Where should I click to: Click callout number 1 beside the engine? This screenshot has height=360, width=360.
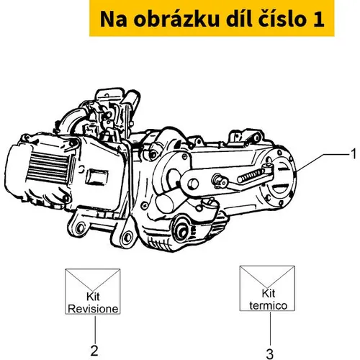[x=354, y=154]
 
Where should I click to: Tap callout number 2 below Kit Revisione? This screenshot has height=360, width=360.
[x=94, y=351]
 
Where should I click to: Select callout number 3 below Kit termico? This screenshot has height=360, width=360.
[x=270, y=354]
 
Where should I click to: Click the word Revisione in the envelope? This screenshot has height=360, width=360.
[x=93, y=309]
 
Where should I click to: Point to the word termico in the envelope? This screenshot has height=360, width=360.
[x=268, y=306]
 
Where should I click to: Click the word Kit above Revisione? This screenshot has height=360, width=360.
[x=93, y=297]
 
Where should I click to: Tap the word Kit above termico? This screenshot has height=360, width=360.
[x=269, y=294]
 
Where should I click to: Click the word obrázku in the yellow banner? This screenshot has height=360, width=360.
[x=176, y=19]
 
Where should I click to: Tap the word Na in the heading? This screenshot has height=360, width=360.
[x=114, y=19]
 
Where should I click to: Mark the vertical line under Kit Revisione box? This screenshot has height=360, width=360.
[x=95, y=330]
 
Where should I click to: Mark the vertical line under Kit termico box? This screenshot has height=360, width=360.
[x=270, y=329]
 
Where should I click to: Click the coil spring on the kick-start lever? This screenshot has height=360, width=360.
[x=251, y=175]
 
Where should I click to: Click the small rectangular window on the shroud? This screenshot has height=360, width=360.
[x=96, y=176]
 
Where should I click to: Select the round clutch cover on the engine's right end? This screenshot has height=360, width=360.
[x=279, y=179]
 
